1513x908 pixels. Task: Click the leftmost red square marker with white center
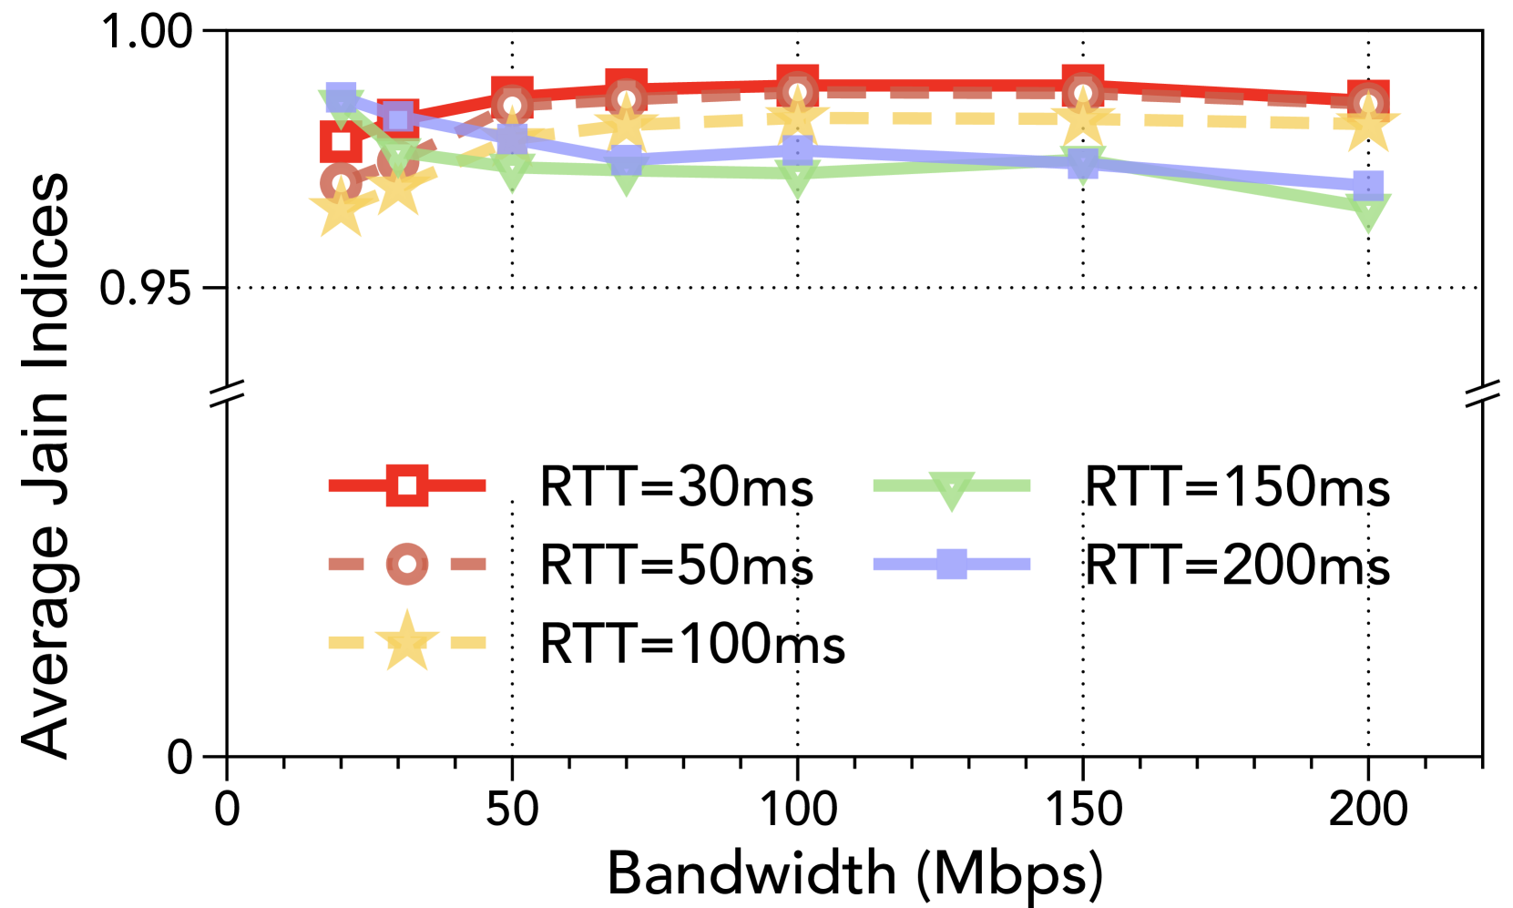(342, 142)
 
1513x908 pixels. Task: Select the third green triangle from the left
(512, 171)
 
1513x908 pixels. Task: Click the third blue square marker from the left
(512, 138)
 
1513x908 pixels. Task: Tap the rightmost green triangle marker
(1367, 212)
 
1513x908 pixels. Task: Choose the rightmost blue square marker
(1367, 185)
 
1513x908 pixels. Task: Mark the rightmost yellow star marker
(1367, 124)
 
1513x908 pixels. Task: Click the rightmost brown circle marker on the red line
(1367, 104)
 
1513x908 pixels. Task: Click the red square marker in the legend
(407, 485)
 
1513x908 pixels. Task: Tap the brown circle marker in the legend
(407, 564)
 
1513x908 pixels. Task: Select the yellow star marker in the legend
(407, 642)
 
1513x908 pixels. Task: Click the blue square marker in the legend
(952, 564)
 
